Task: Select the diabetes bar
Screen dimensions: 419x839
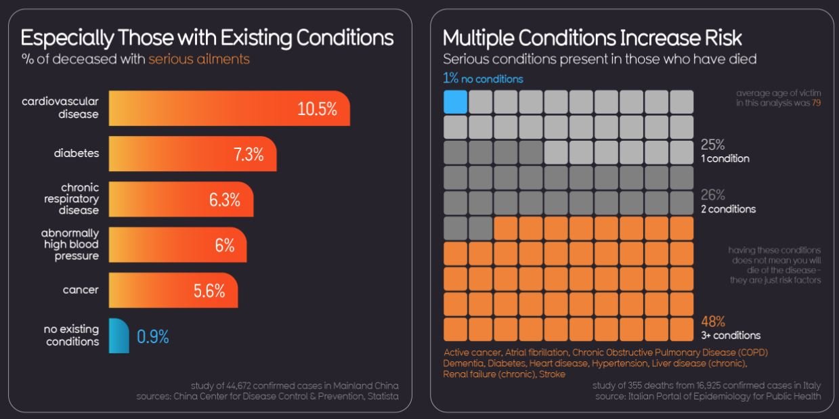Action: pos(192,154)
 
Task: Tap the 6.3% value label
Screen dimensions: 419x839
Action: pos(224,200)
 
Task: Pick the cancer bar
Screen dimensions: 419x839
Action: pos(173,290)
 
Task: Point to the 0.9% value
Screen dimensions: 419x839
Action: pos(153,336)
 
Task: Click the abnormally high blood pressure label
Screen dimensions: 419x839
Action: pos(70,244)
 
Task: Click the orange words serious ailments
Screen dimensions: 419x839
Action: pos(199,59)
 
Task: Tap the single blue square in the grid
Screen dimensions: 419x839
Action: pos(456,102)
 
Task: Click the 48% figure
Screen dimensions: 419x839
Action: pos(714,322)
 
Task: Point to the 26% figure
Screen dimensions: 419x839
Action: pos(713,195)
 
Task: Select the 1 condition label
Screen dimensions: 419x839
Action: pos(725,159)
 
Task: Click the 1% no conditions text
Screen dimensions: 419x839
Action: pos(483,79)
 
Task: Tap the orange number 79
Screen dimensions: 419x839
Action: pos(816,104)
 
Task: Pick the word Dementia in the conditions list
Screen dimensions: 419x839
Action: pos(465,363)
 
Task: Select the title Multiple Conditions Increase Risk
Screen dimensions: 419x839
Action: pos(593,37)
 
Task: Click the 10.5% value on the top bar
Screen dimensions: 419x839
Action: pos(317,109)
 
